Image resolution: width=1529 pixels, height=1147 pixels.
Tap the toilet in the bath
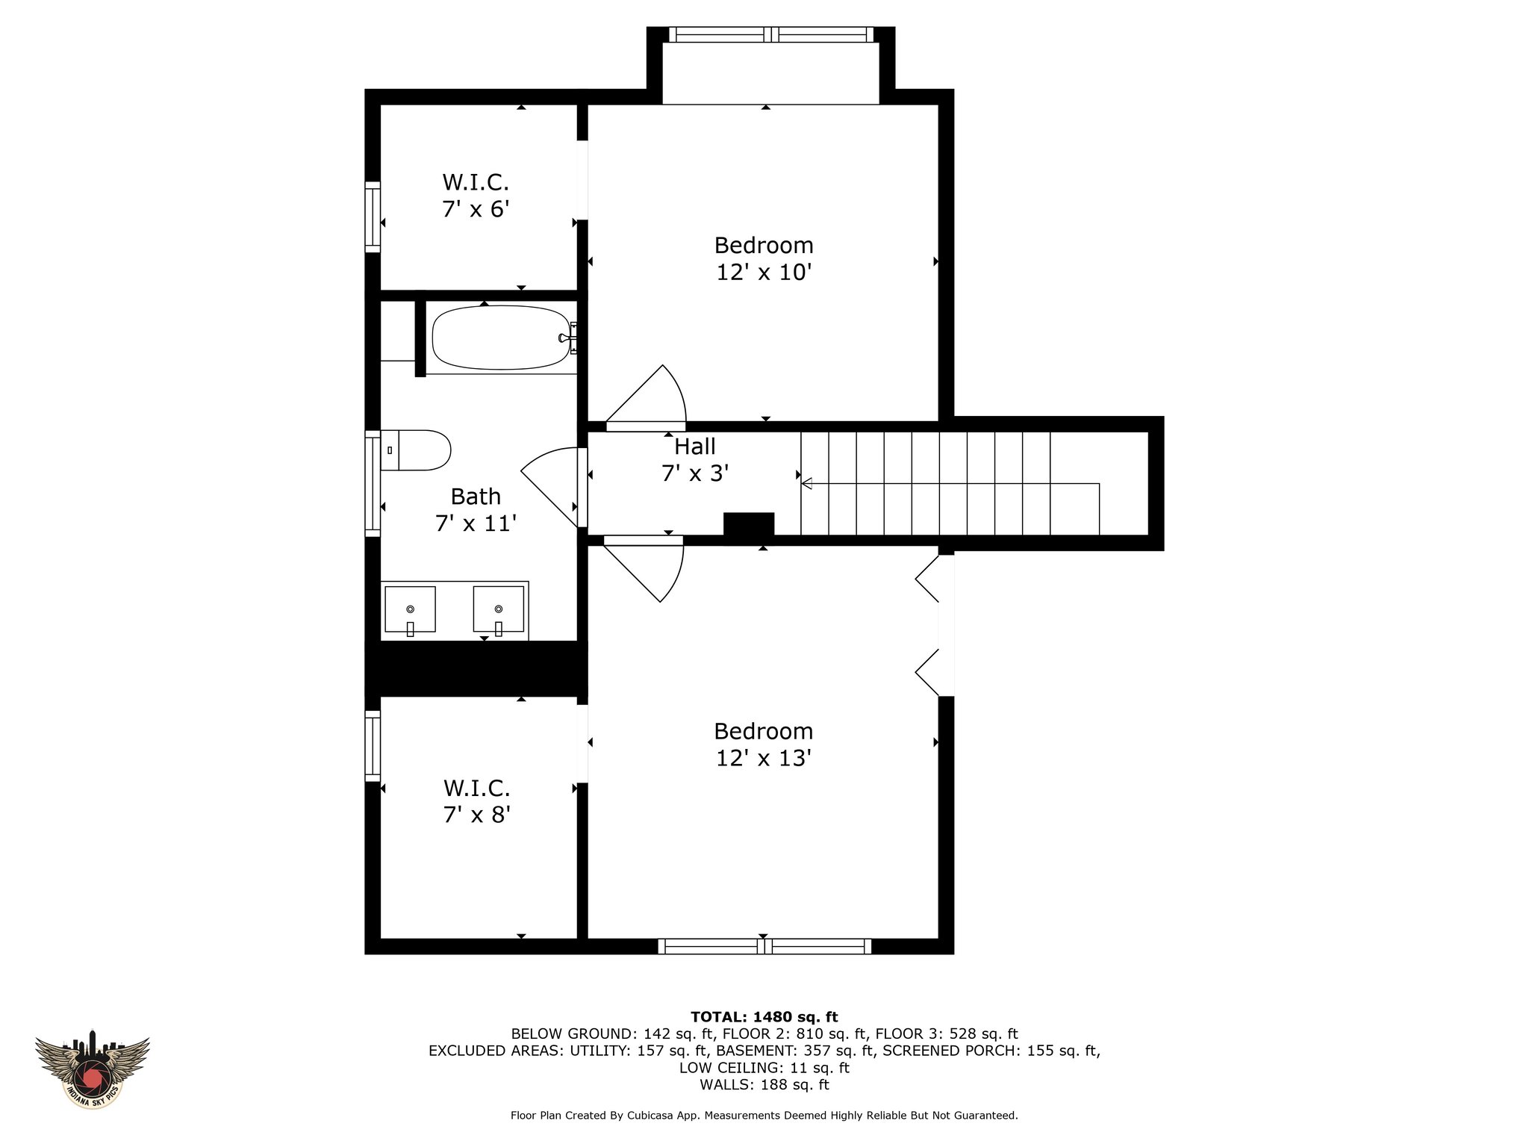pyautogui.click(x=416, y=450)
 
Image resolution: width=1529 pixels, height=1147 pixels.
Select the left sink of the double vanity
pyautogui.click(x=410, y=609)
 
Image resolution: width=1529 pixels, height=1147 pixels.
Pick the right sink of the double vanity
pyautogui.click(x=499, y=609)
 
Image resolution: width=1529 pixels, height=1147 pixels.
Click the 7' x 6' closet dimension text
pyautogui.click(x=476, y=208)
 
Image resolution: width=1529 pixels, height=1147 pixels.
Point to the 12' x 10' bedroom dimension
pyautogui.click(x=764, y=273)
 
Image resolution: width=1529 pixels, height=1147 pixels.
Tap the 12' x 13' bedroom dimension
pyautogui.click(x=764, y=759)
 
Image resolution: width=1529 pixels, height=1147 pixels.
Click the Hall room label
pyautogui.click(x=695, y=447)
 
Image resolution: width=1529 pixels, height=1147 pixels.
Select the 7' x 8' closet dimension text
pyautogui.click(x=476, y=815)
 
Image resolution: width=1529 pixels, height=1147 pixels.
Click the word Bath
pyautogui.click(x=476, y=497)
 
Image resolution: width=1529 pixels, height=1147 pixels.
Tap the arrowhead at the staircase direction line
pyautogui.click(x=807, y=484)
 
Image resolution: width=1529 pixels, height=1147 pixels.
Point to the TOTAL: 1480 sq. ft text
pyautogui.click(x=764, y=1016)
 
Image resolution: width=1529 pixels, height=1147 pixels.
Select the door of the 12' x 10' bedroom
pyautogui.click(x=646, y=398)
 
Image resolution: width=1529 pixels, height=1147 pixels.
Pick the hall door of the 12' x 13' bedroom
pyautogui.click(x=644, y=569)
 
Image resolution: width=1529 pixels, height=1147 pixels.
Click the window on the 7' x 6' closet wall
pyautogui.click(x=372, y=217)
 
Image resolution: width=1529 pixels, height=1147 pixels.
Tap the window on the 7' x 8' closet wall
pyautogui.click(x=372, y=746)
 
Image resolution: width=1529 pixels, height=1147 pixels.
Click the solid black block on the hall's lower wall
pyautogui.click(x=749, y=524)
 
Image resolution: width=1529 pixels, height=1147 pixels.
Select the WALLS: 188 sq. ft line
pyautogui.click(x=764, y=1085)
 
